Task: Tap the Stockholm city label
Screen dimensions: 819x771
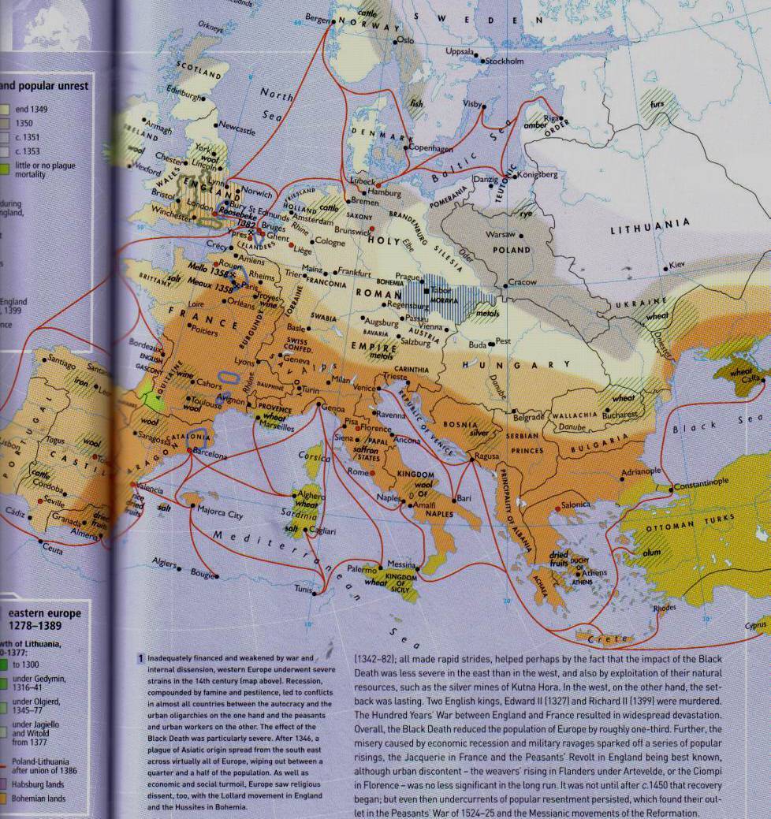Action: coord(505,60)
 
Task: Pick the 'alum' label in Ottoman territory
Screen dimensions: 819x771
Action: coord(651,553)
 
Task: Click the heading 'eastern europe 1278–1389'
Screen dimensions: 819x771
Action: coord(46,620)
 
